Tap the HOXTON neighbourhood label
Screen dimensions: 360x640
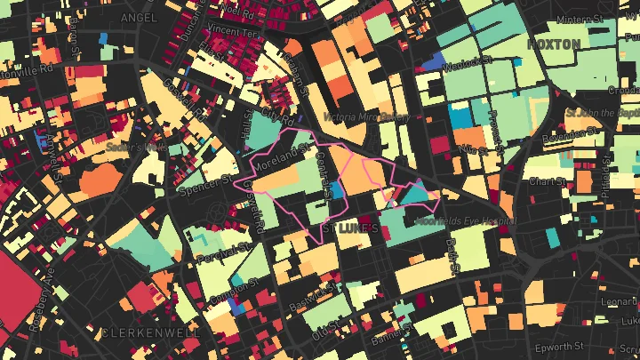[554, 44]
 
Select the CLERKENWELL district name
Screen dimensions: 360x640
[150, 332]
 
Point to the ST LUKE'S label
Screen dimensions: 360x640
[356, 228]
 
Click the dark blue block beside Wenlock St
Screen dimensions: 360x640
[434, 62]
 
